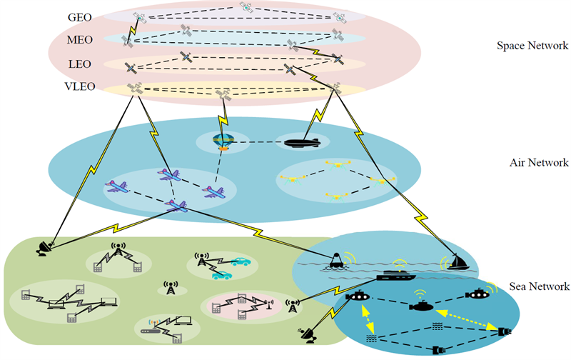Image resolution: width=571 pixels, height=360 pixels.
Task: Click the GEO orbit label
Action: (x=80, y=17)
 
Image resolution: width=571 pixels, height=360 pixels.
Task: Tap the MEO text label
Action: (x=80, y=40)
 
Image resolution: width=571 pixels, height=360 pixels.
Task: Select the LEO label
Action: (x=80, y=64)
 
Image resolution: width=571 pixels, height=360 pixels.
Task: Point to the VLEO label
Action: (x=80, y=86)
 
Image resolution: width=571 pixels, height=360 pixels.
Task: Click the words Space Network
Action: (x=532, y=46)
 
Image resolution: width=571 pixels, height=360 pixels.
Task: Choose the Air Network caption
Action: (x=539, y=163)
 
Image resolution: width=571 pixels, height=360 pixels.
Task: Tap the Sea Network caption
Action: (x=539, y=286)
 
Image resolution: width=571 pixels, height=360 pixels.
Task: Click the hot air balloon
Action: (x=223, y=141)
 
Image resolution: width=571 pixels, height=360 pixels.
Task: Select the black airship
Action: (x=302, y=142)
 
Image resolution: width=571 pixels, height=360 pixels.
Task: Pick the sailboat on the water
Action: (x=458, y=262)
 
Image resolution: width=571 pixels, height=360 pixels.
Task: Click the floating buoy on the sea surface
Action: (x=336, y=261)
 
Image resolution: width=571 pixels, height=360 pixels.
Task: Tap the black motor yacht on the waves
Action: (x=396, y=275)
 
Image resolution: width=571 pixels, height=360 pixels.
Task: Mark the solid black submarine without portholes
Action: (x=422, y=306)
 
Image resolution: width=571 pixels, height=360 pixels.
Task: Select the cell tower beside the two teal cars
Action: (x=201, y=259)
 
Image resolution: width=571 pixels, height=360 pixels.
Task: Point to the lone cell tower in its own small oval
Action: (x=171, y=288)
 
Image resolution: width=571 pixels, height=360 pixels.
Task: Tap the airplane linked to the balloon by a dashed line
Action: (x=213, y=191)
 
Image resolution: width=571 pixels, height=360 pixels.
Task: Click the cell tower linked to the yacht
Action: (x=293, y=306)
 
